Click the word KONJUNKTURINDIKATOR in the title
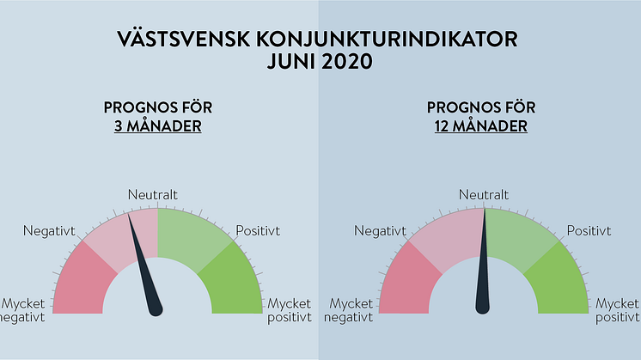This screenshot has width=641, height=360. (387, 40)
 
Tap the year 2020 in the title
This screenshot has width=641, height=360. (346, 62)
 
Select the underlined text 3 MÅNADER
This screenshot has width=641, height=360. (158, 125)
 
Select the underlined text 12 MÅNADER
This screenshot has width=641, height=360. (481, 125)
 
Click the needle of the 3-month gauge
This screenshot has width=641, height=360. (145, 265)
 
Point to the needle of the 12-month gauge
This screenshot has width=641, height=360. (483, 261)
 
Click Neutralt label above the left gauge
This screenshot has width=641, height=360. (152, 194)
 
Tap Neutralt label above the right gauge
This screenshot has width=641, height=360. (484, 194)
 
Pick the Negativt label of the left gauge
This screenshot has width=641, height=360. (49, 231)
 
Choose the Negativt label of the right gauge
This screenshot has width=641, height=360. (380, 231)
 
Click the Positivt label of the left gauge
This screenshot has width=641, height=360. (258, 231)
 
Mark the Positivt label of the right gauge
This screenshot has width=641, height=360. (589, 231)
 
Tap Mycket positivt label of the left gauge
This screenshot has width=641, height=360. (290, 310)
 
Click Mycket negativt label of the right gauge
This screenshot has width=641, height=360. (348, 310)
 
